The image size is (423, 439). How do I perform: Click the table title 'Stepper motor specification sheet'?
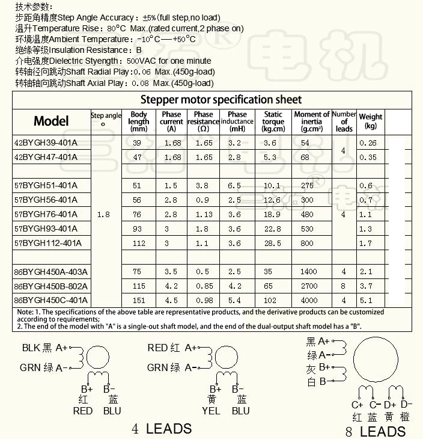[x=221, y=99]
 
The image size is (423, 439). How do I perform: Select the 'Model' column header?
[x=51, y=121]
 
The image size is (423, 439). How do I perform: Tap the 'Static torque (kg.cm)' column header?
[x=273, y=121]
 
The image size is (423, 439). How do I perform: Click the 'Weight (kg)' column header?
[x=371, y=121]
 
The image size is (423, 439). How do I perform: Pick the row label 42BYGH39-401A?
[x=46, y=143]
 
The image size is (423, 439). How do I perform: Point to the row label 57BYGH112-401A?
[x=47, y=243]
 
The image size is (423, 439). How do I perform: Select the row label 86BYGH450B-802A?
[x=50, y=286]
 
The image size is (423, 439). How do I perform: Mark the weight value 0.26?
[x=368, y=143]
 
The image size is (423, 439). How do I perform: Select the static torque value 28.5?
[x=272, y=243]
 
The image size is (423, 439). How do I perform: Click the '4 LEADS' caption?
[x=162, y=429]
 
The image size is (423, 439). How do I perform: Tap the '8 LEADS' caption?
[x=376, y=431]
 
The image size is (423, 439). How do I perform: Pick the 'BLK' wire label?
[x=31, y=348]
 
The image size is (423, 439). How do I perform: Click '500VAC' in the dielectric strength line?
[x=139, y=61]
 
